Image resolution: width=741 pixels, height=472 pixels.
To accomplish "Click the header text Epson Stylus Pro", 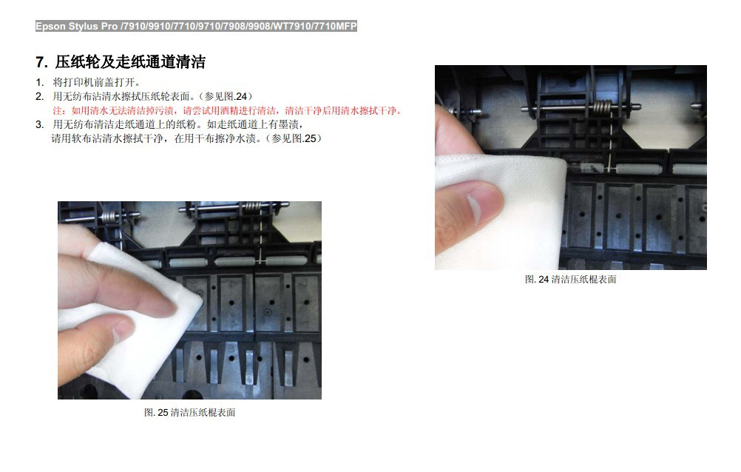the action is (77, 27).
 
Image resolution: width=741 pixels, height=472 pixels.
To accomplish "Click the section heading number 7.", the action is (41, 62).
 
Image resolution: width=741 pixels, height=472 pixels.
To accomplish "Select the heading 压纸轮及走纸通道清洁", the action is (130, 62).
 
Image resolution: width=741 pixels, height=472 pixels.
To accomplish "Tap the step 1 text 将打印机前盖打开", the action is (96, 82).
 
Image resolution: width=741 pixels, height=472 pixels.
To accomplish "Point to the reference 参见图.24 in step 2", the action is (226, 96).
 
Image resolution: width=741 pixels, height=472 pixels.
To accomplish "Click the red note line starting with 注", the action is (227, 111).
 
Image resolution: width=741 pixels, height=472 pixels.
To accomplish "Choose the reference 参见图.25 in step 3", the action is (294, 138).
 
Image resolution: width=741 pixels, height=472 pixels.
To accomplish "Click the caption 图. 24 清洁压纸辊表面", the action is (570, 280).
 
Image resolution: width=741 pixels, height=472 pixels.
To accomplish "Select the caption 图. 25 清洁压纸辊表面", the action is (189, 412).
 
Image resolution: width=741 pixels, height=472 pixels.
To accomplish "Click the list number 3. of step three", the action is (40, 124).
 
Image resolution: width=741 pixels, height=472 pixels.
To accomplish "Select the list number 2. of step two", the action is (40, 96).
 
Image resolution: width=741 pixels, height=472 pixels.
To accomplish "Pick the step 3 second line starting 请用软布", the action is (186, 138).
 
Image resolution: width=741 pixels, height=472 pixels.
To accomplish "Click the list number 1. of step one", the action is (40, 82).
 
